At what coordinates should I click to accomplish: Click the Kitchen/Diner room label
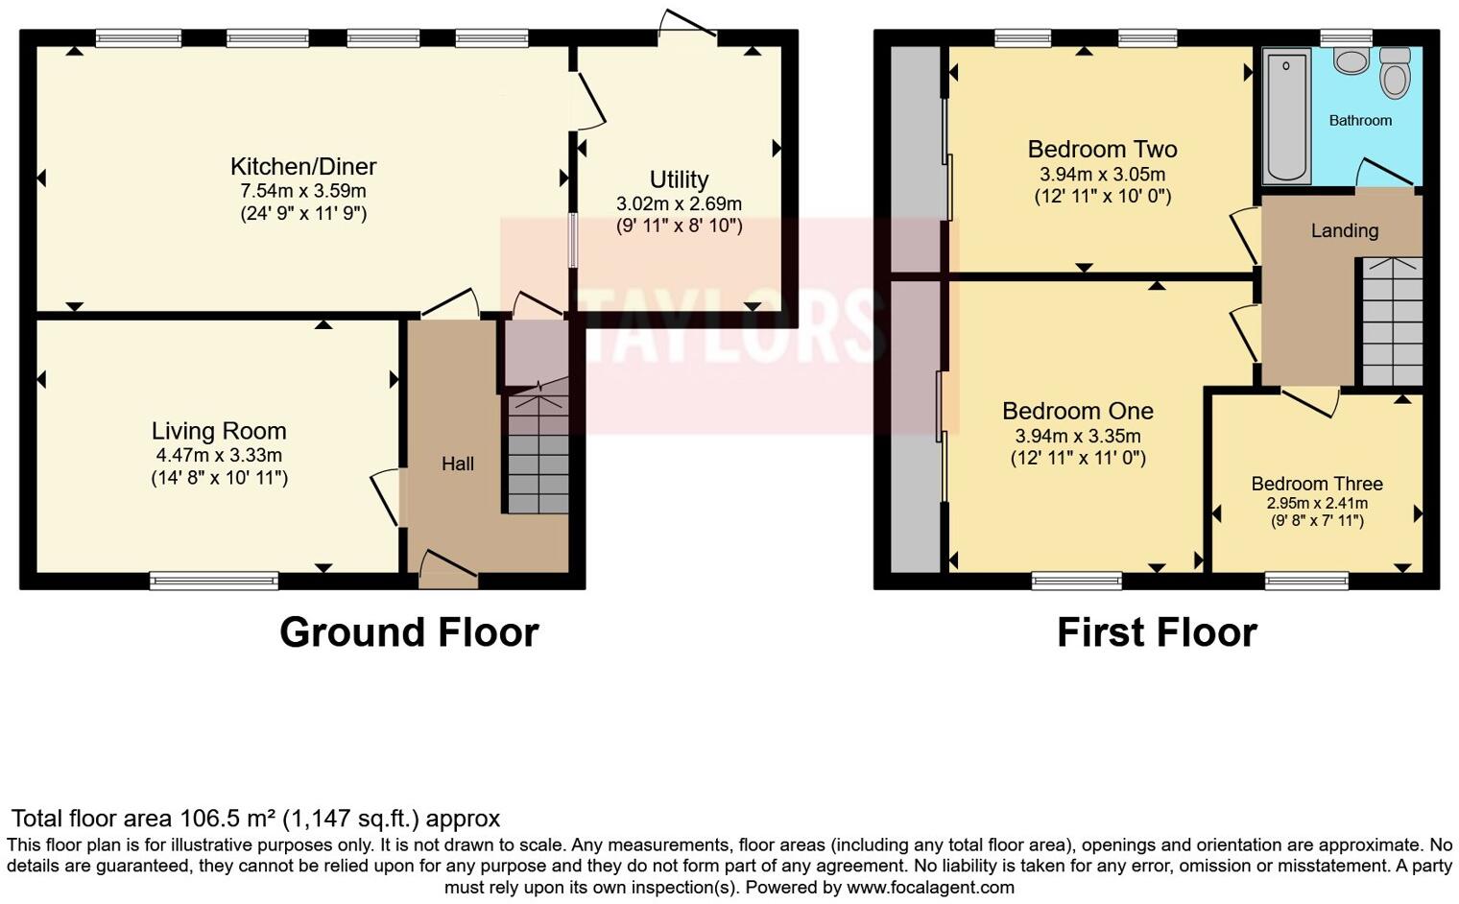(x=303, y=166)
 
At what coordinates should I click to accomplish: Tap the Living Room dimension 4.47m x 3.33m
(x=219, y=455)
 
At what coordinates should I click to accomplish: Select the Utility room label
(x=679, y=179)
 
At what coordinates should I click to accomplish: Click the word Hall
(x=458, y=464)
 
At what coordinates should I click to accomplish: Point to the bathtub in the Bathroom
(x=1286, y=117)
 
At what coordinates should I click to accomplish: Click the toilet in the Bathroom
(x=1395, y=75)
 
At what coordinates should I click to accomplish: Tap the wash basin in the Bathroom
(x=1351, y=61)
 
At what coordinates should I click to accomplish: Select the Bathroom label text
(x=1360, y=121)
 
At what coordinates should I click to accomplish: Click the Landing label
(x=1344, y=230)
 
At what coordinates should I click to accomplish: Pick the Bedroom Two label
(x=1102, y=150)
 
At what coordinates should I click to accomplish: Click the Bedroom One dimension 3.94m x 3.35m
(x=1078, y=436)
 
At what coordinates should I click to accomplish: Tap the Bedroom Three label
(x=1317, y=484)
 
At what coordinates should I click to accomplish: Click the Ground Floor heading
(x=409, y=632)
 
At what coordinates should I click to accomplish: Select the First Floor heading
(x=1157, y=632)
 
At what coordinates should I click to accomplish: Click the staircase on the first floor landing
(x=1392, y=321)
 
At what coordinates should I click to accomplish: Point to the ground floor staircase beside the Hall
(x=538, y=451)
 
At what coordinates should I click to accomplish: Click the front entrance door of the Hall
(x=448, y=569)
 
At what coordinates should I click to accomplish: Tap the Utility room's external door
(x=687, y=25)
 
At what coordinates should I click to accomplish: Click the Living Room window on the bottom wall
(x=214, y=581)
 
